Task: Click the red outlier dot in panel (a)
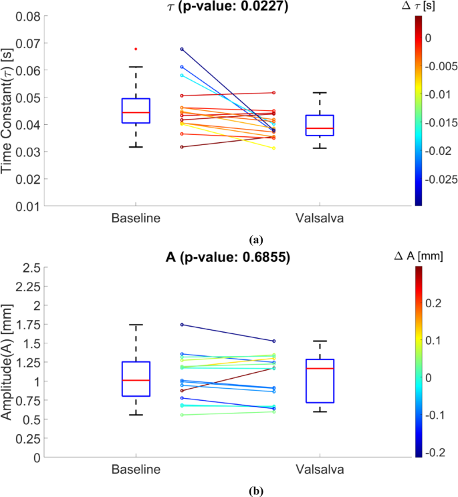(136, 49)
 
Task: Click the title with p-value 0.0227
(229, 7)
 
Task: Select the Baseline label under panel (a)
(136, 219)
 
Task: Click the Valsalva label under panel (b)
(320, 470)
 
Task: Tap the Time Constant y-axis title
(9, 111)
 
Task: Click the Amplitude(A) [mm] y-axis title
(9, 363)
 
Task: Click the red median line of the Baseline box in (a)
(136, 112)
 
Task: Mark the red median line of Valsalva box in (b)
(320, 368)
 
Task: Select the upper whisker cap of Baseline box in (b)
(136, 325)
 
